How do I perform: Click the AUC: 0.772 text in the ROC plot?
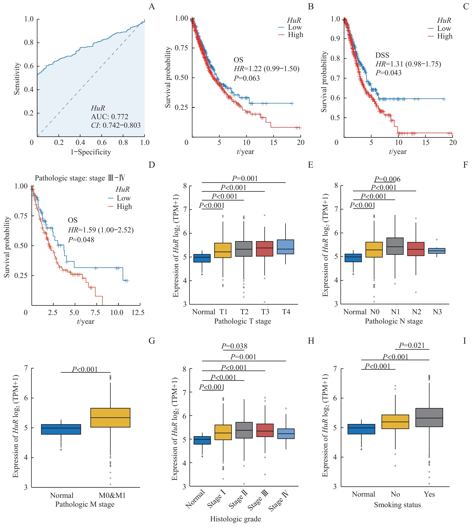(x=109, y=117)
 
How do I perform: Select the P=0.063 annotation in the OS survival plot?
(x=247, y=78)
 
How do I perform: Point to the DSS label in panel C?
(x=382, y=55)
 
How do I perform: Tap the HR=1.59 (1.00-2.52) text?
(x=101, y=230)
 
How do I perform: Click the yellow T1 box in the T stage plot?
(x=223, y=250)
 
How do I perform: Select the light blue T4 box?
(x=285, y=247)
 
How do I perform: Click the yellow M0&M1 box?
(x=110, y=418)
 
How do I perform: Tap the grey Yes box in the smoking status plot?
(x=429, y=418)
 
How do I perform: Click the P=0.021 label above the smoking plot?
(x=412, y=346)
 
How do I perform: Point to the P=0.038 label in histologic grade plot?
(x=234, y=346)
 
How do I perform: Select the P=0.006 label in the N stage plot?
(x=387, y=179)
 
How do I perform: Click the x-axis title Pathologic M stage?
(x=85, y=504)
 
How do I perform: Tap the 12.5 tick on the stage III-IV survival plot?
(x=138, y=313)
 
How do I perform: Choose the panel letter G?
(x=152, y=341)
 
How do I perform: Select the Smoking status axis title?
(x=397, y=505)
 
